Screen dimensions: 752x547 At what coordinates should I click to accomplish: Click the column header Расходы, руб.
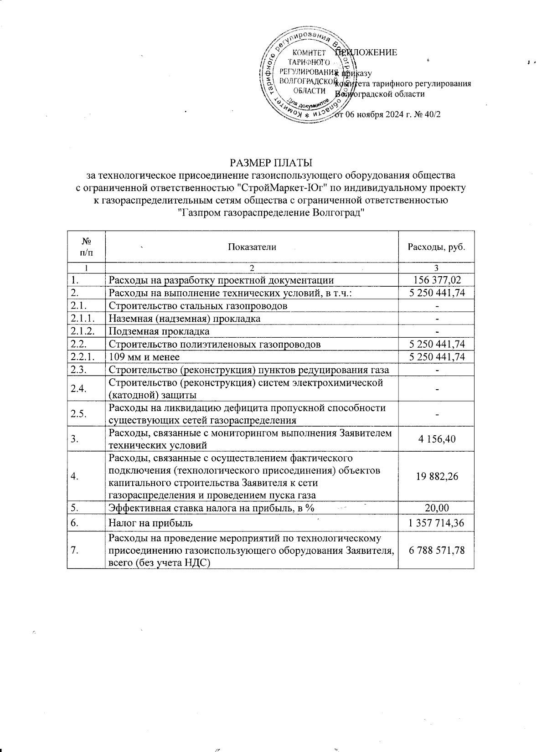coord(436,247)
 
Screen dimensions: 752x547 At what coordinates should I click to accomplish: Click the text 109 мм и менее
coord(144,357)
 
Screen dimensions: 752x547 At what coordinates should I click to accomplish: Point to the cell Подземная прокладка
coord(159,331)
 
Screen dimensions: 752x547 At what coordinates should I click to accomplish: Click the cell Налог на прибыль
coord(150,523)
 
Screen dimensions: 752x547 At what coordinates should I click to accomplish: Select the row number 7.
coord(73,550)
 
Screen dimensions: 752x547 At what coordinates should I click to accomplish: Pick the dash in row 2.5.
coord(437,414)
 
